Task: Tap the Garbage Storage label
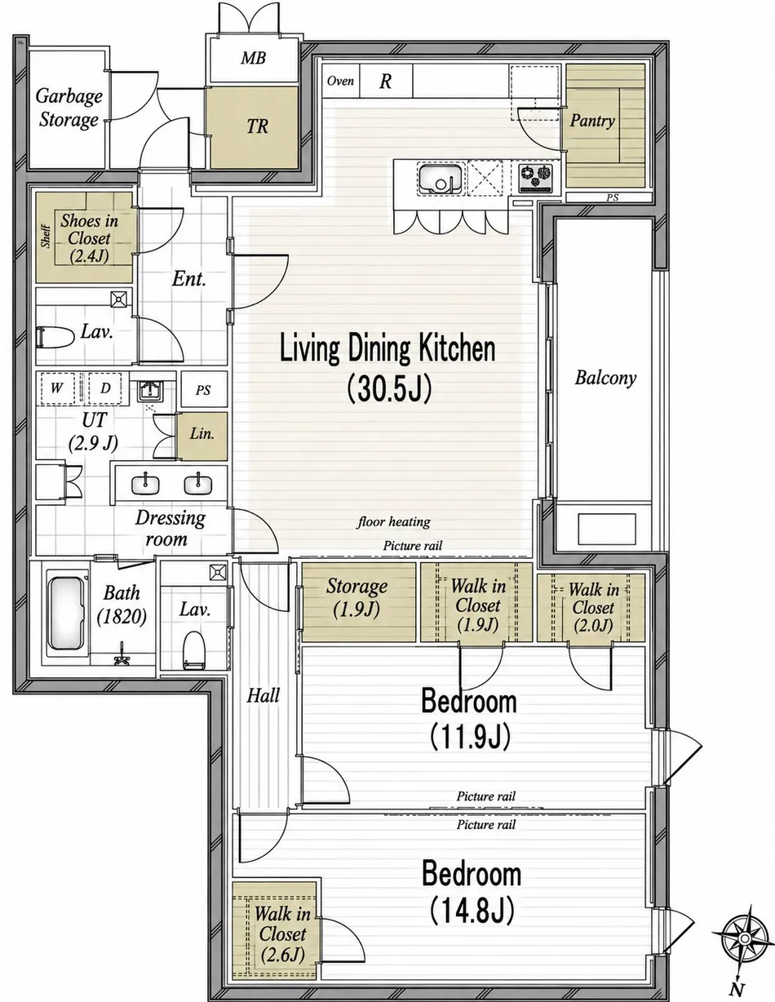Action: pyautogui.click(x=69, y=108)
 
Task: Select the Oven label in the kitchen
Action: pyautogui.click(x=340, y=81)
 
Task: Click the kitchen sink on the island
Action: pyautogui.click(x=441, y=179)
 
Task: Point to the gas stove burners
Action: pyautogui.click(x=536, y=178)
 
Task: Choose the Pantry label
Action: pyautogui.click(x=592, y=121)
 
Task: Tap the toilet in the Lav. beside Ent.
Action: pyautogui.click(x=55, y=337)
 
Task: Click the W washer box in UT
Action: pyautogui.click(x=58, y=388)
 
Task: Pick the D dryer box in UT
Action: pyautogui.click(x=105, y=388)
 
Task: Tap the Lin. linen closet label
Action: pyautogui.click(x=202, y=434)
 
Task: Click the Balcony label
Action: pyautogui.click(x=605, y=378)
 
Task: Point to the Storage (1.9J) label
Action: pyautogui.click(x=356, y=597)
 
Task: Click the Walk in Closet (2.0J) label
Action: pyautogui.click(x=593, y=607)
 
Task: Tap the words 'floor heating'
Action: pyautogui.click(x=394, y=522)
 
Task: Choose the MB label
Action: pyautogui.click(x=253, y=58)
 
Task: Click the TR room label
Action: pyautogui.click(x=257, y=126)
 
